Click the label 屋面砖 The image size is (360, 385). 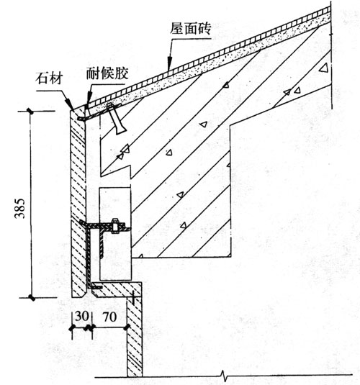point(191,29)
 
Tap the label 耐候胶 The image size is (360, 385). point(107,73)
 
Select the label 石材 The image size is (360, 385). point(49,78)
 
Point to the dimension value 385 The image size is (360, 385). point(19,209)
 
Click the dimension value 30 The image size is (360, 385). point(81,316)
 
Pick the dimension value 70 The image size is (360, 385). point(109,317)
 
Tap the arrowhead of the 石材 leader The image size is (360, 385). point(70,105)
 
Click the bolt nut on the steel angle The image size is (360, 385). point(115,225)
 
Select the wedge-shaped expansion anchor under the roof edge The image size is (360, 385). point(116,119)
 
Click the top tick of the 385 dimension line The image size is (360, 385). point(31,112)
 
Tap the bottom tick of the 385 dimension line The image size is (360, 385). point(31,298)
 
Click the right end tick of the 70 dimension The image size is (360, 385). point(127,327)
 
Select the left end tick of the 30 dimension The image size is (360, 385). point(72,327)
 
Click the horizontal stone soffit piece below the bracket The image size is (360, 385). point(117,290)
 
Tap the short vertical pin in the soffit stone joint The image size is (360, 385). point(132,298)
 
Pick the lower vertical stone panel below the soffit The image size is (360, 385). point(135,336)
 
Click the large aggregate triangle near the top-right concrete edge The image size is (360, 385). point(323,68)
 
